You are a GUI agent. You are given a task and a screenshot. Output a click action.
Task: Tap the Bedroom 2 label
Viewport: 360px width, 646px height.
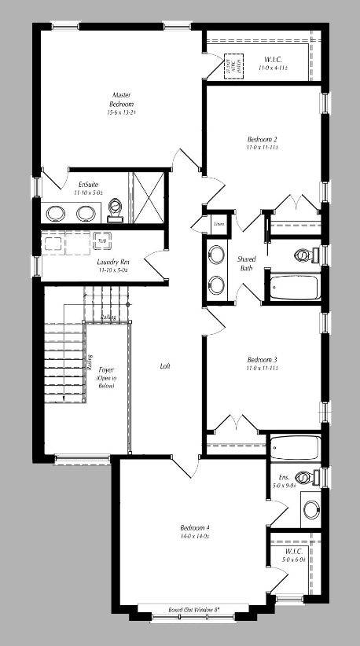click(262, 139)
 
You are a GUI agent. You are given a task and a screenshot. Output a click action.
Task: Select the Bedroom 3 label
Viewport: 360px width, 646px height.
click(262, 359)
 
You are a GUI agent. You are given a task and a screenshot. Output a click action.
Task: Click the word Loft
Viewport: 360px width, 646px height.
click(165, 366)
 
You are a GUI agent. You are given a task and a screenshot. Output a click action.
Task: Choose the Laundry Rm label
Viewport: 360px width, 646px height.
click(113, 262)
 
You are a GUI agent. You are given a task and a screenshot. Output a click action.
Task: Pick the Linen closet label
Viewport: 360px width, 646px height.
click(219, 223)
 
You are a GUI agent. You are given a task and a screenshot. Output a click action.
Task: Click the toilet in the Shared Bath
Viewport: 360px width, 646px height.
click(303, 255)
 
